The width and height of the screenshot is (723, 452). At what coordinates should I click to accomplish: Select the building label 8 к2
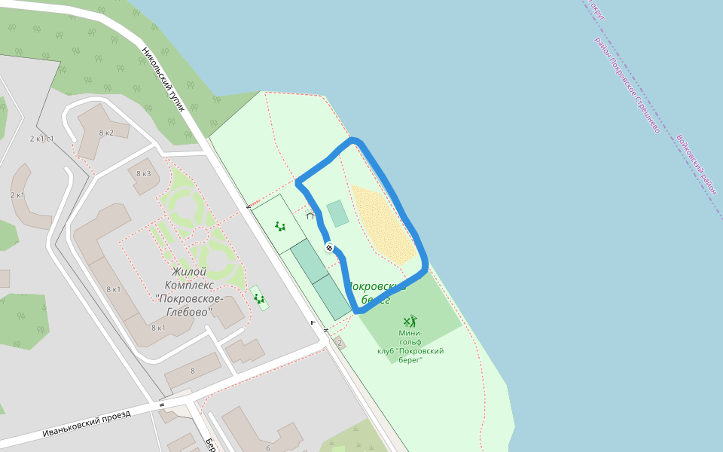coord(105,133)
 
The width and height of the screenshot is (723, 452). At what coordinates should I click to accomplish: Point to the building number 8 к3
coord(143,174)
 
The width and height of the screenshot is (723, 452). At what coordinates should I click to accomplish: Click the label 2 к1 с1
coord(41,139)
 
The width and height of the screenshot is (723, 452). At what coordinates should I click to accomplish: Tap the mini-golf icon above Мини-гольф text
coord(410,321)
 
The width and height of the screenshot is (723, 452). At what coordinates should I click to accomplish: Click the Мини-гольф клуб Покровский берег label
coord(410,346)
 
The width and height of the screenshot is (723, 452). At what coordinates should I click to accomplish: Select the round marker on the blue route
coord(329,247)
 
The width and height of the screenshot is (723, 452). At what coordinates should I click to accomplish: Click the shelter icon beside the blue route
coord(310,215)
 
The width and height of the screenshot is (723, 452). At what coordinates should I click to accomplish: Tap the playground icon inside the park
coord(280,225)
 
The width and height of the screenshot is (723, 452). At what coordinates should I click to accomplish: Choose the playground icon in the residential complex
coord(260,299)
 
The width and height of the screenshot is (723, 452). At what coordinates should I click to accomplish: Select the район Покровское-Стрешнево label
coord(627,84)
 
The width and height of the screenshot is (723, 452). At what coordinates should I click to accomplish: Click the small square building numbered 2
coord(340,344)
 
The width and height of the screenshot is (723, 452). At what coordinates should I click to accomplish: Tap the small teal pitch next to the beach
coord(337,213)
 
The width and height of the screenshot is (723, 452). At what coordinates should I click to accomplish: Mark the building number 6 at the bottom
coord(268,448)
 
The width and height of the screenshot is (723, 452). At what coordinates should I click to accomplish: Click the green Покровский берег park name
coord(377,293)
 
